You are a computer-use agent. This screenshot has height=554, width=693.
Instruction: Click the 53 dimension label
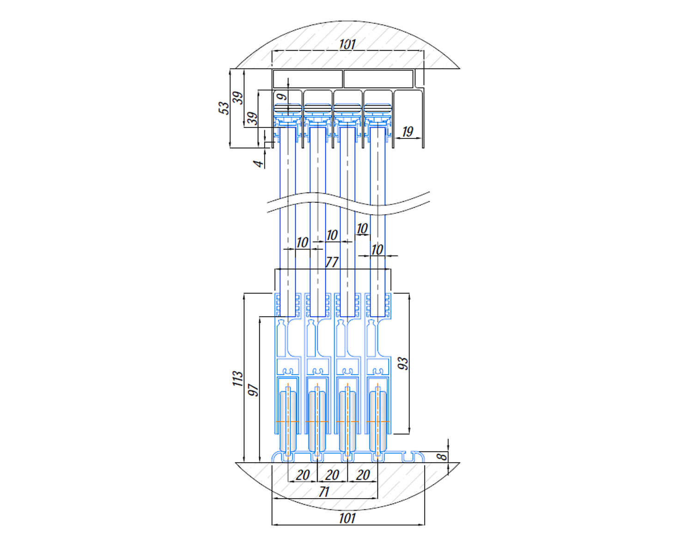pos(224,108)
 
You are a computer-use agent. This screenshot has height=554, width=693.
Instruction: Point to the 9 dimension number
pos(281,96)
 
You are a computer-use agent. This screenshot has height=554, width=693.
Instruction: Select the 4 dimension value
pos(259,164)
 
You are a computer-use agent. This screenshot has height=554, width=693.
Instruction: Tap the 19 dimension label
pos(407,132)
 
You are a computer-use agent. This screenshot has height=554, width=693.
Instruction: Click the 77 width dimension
pos(332,262)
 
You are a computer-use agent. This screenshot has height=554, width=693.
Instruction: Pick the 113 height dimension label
pos(238,379)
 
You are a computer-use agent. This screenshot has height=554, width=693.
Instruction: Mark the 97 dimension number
pos(254,390)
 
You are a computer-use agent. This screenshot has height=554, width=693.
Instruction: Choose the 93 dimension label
pos(403,363)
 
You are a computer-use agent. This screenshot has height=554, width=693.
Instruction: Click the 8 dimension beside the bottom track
pos(443,457)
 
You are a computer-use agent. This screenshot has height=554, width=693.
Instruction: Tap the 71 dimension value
pos(324,492)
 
